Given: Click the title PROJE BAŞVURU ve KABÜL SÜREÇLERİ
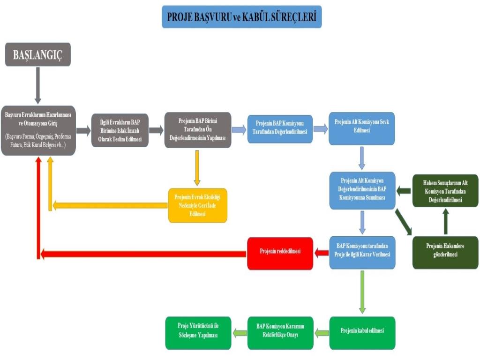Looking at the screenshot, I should [241, 17].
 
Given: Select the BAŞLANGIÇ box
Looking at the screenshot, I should [38, 54].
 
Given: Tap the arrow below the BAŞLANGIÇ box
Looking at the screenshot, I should [38, 85].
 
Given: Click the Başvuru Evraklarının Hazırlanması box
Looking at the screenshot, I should [38, 130].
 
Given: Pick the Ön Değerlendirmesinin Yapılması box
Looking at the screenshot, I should [197, 130].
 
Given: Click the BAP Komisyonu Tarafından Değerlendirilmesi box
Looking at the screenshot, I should [279, 128].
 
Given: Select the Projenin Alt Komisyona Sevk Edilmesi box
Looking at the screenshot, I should [361, 128].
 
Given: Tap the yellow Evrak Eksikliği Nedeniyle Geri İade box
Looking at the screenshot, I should [197, 205].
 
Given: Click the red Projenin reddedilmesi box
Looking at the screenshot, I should [280, 253].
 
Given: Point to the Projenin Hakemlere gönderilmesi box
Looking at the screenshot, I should [445, 252].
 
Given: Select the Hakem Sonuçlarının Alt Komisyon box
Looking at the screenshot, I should [445, 190].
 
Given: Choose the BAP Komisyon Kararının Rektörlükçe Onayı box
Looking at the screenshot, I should [280, 333].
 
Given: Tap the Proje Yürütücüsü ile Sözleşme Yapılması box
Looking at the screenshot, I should [198, 333].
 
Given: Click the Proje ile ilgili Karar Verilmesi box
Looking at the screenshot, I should [362, 252].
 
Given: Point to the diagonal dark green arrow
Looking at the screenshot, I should [403, 222].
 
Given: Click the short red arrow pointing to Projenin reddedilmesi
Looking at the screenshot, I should [321, 253].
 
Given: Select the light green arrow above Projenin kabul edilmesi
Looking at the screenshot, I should [362, 292].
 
